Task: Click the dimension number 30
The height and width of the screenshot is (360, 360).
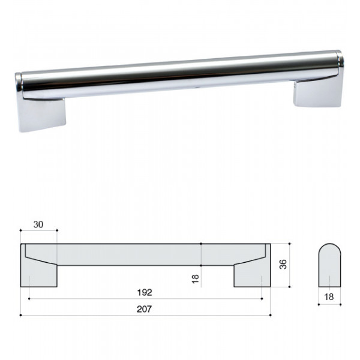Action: (38, 224)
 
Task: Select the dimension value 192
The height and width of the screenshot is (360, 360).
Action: (145, 293)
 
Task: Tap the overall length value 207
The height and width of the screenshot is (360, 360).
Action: (145, 309)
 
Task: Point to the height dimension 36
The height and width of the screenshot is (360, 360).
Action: (283, 264)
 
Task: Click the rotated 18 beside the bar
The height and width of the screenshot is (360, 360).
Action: (196, 279)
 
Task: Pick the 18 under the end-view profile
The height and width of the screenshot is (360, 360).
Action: (329, 297)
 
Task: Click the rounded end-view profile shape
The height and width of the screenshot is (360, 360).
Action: (329, 265)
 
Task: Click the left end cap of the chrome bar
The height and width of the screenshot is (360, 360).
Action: (19, 85)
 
